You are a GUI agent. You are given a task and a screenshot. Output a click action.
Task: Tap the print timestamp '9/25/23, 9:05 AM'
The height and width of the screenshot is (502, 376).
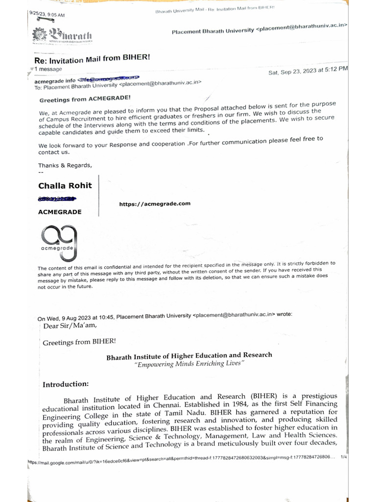click(x=47, y=14)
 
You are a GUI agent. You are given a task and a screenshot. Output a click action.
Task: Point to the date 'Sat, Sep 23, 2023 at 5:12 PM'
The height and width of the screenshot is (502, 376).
click(x=308, y=71)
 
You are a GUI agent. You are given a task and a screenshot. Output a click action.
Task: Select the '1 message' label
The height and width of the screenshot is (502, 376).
click(x=47, y=70)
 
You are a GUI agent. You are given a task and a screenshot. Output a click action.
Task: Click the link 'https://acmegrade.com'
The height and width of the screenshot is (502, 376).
click(x=155, y=203)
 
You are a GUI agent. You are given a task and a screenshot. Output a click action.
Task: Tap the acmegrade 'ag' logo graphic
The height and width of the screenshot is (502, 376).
click(x=58, y=241)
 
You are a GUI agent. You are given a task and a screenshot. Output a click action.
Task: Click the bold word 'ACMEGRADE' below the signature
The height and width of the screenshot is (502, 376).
click(x=60, y=212)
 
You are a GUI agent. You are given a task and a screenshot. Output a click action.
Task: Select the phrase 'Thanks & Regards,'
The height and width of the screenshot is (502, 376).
click(x=65, y=165)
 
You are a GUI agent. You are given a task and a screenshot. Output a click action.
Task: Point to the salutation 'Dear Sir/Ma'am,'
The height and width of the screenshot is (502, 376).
click(x=70, y=325)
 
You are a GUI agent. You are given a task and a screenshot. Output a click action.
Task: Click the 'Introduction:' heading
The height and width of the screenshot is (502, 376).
click(x=66, y=384)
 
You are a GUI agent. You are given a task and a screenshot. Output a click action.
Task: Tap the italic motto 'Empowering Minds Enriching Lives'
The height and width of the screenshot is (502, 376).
click(x=189, y=363)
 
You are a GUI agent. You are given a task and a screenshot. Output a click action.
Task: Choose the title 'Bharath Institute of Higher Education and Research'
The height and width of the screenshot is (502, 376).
click(x=189, y=355)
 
